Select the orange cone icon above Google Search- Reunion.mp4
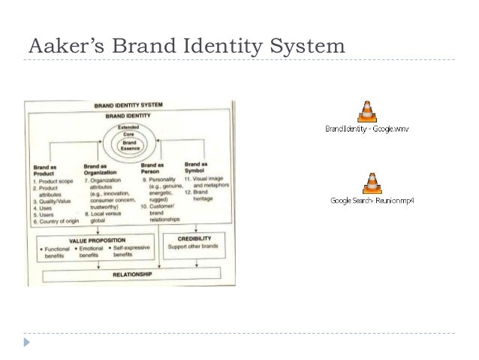pyautogui.click(x=370, y=183)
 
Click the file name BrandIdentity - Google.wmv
pyautogui.click(x=366, y=129)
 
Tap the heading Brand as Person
pyautogui.click(x=152, y=168)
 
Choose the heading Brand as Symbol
pyautogui.click(x=195, y=166)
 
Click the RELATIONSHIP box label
pyautogui.click(x=132, y=274)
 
